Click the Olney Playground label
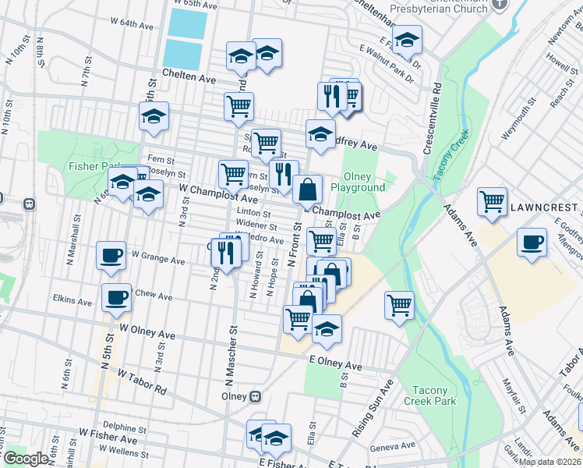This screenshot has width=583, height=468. point(358,183)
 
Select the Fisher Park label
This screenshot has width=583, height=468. point(97,166)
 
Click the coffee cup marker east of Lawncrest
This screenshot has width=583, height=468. point(532,241)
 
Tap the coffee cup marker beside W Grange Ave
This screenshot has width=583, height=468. point(111,254)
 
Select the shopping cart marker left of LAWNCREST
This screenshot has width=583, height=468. point(493,202)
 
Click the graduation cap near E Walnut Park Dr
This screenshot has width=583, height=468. point(407,38)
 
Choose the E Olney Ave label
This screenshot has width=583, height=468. point(335,363)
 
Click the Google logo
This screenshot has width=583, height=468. point(25,459)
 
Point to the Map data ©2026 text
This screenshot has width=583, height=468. point(550,462)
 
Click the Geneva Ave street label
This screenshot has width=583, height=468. point(397,446)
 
